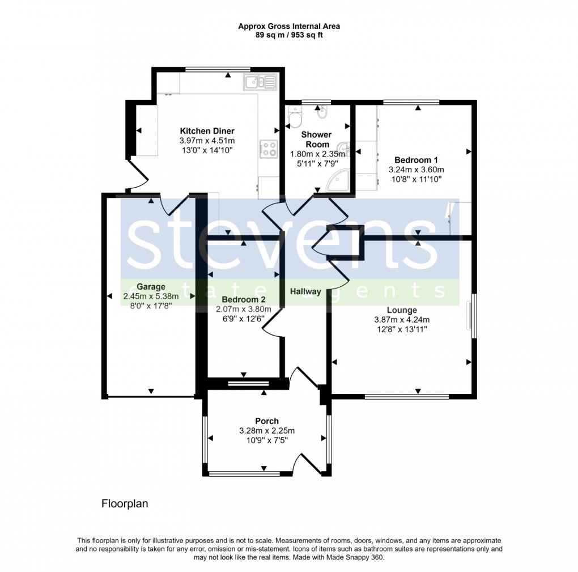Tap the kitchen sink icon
point(260,83)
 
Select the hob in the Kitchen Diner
point(269,149)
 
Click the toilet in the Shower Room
point(295,117)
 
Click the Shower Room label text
point(316,139)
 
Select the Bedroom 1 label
point(416,160)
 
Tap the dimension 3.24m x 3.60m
point(416,170)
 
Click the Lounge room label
point(402,310)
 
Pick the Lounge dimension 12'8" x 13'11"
point(402,329)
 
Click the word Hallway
point(305,291)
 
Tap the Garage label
point(151,286)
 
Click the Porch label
point(266,421)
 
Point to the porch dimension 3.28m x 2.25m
point(266,431)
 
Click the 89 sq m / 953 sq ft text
point(289,35)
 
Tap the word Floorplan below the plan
point(125,503)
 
